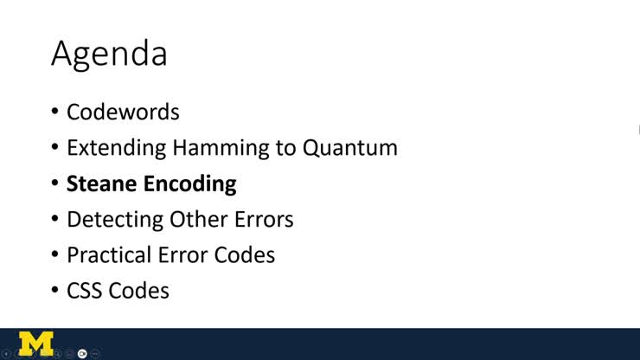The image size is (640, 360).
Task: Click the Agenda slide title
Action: [x=109, y=55]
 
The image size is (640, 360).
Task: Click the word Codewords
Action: [x=123, y=112]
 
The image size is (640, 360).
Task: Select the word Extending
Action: [x=116, y=148]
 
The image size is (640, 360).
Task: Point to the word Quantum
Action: [x=349, y=148]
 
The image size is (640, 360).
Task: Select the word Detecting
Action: [x=114, y=220]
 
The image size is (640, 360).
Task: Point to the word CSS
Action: [x=86, y=291]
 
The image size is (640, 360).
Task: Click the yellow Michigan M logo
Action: [x=35, y=343]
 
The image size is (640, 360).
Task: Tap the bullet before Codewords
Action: [x=54, y=112]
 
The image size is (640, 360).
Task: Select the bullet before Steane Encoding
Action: [x=54, y=184]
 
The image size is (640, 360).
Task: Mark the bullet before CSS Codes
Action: [x=54, y=292]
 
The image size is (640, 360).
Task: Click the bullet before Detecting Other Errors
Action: [x=54, y=220]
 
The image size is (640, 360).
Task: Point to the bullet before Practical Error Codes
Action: [x=54, y=256]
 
